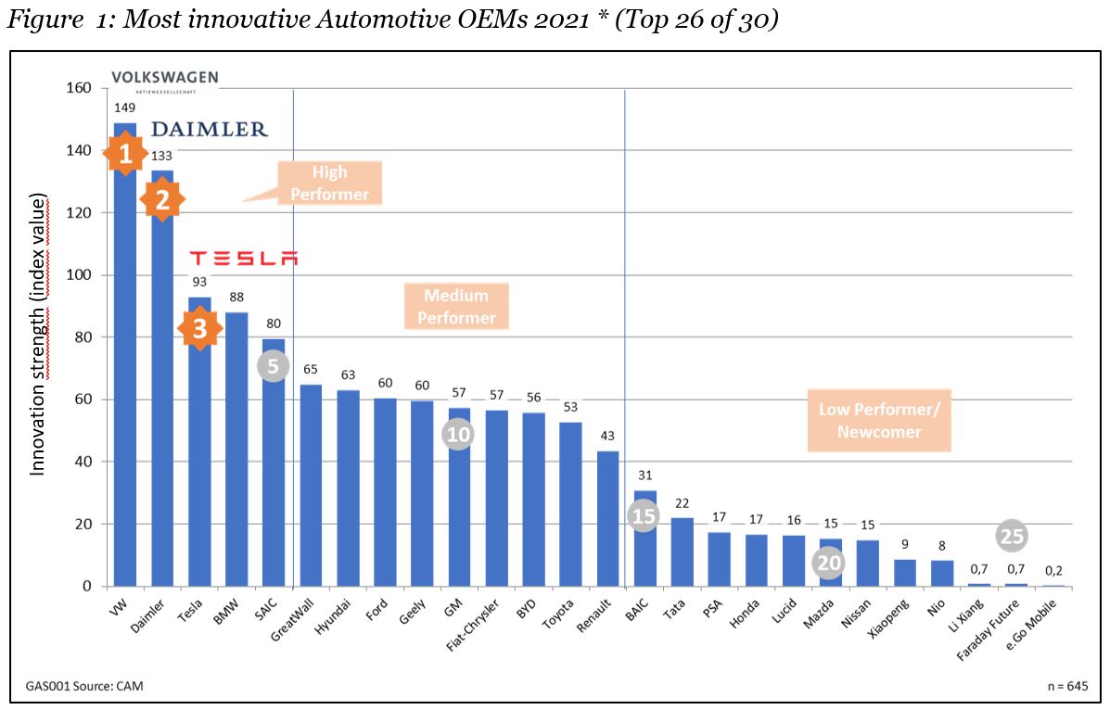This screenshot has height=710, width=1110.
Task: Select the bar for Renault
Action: [x=607, y=518]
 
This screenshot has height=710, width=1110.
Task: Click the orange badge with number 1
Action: [x=125, y=154]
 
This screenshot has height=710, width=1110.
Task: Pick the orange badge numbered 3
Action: [x=199, y=329]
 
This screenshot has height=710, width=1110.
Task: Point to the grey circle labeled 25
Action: [x=1012, y=536]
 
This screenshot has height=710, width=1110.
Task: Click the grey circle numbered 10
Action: [x=457, y=434]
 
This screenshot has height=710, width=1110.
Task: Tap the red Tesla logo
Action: [x=243, y=258]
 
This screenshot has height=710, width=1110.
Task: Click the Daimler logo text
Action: [x=209, y=130]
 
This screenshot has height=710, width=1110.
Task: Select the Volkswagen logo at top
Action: [x=164, y=80]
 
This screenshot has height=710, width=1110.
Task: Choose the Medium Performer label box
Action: [x=456, y=307]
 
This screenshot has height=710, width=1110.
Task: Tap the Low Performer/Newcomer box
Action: [x=878, y=420]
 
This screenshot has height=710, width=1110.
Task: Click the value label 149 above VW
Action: [x=125, y=108]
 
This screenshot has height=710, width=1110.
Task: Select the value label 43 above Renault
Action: [x=607, y=437]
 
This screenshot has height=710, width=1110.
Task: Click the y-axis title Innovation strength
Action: [x=38, y=334]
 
